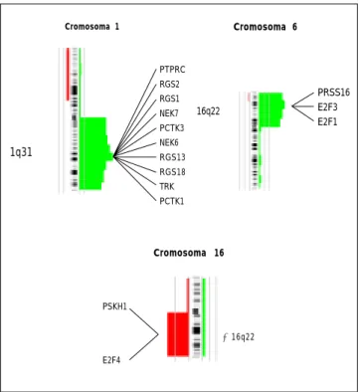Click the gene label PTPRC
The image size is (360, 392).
coord(172,70)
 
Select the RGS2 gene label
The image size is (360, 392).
coord(169,85)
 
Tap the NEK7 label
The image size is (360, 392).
coord(169,113)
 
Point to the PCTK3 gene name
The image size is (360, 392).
coord(172,128)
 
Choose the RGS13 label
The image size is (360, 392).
coord(172,157)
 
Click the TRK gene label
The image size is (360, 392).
coord(167,186)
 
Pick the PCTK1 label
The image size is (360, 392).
coord(172,201)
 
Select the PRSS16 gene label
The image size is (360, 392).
coord(333,93)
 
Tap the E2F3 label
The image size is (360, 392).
coord(327,107)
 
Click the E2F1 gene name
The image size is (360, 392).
coord(327,122)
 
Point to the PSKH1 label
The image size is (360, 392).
coord(114,306)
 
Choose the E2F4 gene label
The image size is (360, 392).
coord(111,360)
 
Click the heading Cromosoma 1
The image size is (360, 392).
coord(91,27)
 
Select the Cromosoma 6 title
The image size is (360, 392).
coord(266,27)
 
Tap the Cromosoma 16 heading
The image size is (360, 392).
coord(189,253)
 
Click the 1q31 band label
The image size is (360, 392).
coord(21,152)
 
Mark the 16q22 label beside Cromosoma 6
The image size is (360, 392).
coord(208,111)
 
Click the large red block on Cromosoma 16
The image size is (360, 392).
coord(178,334)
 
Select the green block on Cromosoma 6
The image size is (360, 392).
coord(271,109)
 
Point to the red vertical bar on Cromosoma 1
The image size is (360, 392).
coord(68,74)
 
